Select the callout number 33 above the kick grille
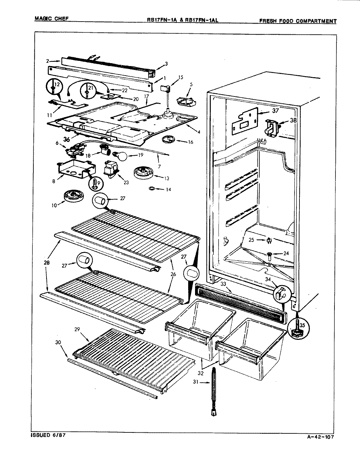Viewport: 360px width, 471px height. [x=223, y=284]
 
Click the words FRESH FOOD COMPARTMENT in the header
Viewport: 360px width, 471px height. [x=297, y=21]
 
